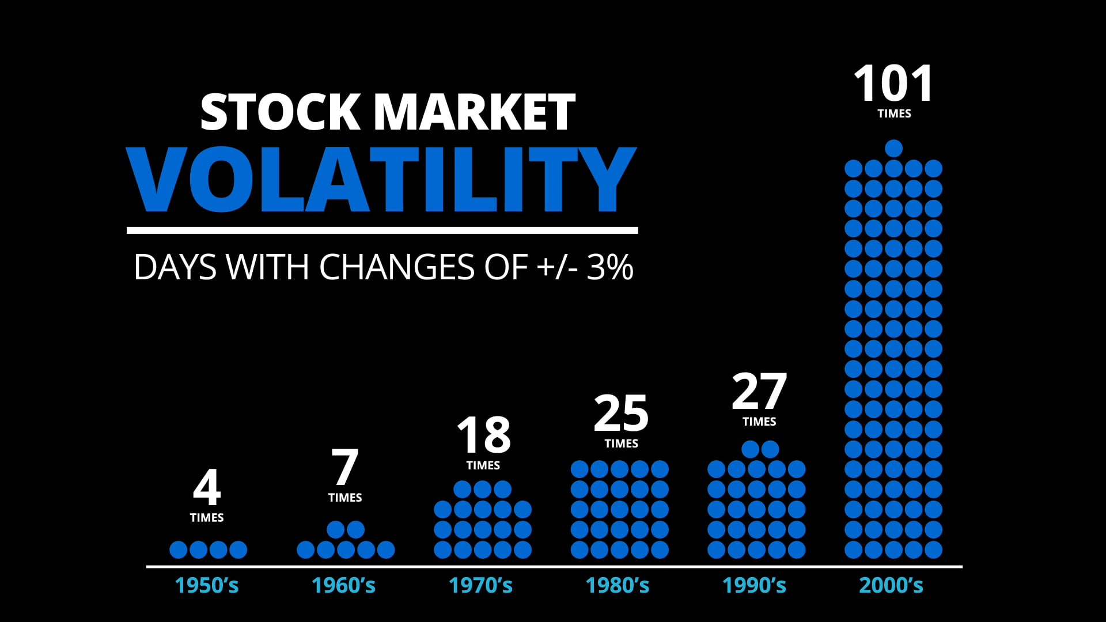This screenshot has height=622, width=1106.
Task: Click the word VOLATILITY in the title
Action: (x=381, y=180)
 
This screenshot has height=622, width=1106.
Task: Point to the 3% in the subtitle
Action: (x=610, y=267)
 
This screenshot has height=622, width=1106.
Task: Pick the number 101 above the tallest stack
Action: (x=893, y=84)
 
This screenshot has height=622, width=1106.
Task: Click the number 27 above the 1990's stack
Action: (x=759, y=392)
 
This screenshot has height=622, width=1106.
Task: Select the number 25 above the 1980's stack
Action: (x=621, y=414)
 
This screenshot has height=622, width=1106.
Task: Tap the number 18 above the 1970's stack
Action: (x=483, y=435)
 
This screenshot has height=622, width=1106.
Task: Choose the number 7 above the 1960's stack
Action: (x=345, y=467)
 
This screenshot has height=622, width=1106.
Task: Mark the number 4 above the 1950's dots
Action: (x=207, y=488)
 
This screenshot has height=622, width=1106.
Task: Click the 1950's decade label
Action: (x=207, y=586)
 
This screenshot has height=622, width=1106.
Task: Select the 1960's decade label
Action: (x=343, y=586)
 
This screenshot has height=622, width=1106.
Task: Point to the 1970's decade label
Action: (x=480, y=586)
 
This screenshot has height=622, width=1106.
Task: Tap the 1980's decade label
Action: (x=618, y=586)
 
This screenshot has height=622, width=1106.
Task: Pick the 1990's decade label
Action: (x=754, y=586)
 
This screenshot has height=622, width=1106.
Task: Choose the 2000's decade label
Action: (x=891, y=586)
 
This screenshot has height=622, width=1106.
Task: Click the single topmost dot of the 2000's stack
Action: (x=893, y=149)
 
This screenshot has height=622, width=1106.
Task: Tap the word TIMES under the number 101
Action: (x=894, y=114)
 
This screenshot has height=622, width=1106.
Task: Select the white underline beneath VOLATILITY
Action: (x=382, y=230)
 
